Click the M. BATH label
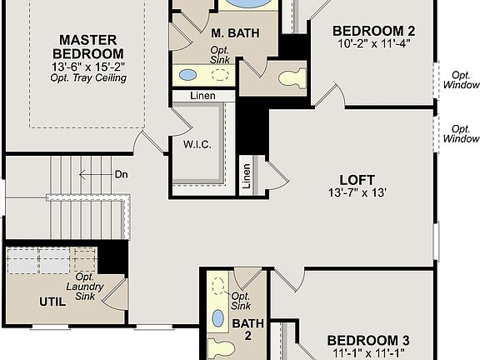coord(234,33)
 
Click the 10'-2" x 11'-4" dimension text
coord(374,42)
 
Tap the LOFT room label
coord(357,179)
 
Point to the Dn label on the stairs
coord(122,174)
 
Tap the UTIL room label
coord(51,301)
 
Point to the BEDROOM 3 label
coord(367,339)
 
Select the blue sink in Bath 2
coord(218,318)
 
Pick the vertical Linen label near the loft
coord(247,175)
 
